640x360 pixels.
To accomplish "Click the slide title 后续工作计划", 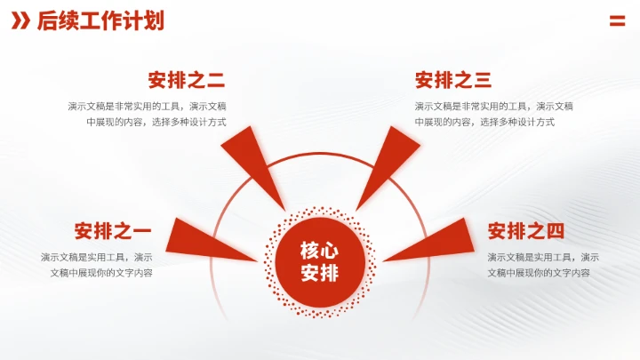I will click(x=100, y=21).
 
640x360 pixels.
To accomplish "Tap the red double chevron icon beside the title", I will click(x=20, y=21).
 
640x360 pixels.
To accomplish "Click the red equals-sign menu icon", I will click(x=617, y=21).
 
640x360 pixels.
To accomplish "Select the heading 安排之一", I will click(x=113, y=232).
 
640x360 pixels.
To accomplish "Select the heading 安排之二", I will click(x=187, y=81).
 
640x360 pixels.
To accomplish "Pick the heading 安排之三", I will click(x=453, y=81).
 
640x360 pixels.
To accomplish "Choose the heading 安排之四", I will click(x=526, y=232).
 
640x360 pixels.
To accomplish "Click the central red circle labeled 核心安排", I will click(x=320, y=261).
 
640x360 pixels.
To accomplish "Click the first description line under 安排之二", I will click(x=147, y=107).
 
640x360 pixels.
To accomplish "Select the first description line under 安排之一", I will click(x=96, y=257).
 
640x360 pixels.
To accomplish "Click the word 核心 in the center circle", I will click(x=320, y=250).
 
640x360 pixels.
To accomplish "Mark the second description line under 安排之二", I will click(x=156, y=122).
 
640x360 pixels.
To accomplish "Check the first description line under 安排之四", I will click(x=543, y=257).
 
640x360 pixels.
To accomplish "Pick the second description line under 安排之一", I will click(x=101, y=272).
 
